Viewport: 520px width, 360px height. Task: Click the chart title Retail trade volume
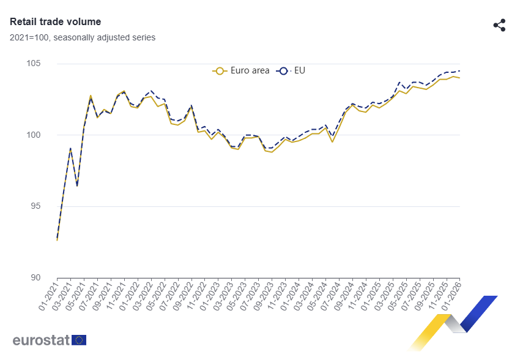pyautogui.click(x=56, y=21)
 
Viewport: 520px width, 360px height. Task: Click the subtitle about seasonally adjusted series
pyautogui.click(x=83, y=37)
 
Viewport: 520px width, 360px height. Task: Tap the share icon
pyautogui.click(x=499, y=25)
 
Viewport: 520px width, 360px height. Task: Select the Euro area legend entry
pyautogui.click(x=241, y=70)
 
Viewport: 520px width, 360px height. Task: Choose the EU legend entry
pyautogui.click(x=291, y=70)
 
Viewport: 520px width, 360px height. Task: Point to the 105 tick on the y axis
pyautogui.click(x=34, y=63)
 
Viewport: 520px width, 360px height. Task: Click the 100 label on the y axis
pyautogui.click(x=34, y=135)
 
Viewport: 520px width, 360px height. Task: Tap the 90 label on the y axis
pyautogui.click(x=35, y=277)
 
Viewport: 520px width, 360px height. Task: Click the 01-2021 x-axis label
pyautogui.click(x=48, y=296)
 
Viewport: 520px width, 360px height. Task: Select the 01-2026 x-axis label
pyautogui.click(x=451, y=296)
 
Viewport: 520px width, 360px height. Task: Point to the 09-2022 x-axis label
pyautogui.click(x=182, y=296)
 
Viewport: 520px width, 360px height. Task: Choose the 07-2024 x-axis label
pyautogui.click(x=330, y=296)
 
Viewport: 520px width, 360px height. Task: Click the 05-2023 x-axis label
pyautogui.click(x=236, y=296)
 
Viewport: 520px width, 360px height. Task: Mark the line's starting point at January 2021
pyautogui.click(x=57, y=240)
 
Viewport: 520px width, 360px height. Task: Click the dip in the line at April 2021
pyautogui.click(x=77, y=186)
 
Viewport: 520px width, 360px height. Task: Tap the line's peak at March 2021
pyautogui.click(x=70, y=148)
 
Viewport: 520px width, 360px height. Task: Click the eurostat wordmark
pyautogui.click(x=41, y=340)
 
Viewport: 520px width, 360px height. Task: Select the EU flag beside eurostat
pyautogui.click(x=79, y=340)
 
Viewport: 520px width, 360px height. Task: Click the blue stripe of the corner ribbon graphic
pyautogui.click(x=479, y=313)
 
